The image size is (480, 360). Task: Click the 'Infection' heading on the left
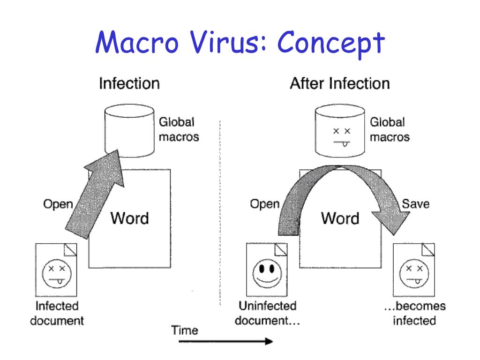pos(129,84)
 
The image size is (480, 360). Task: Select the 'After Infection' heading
pos(340,84)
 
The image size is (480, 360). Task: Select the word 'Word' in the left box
pos(129,218)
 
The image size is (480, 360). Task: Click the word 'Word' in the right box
pos(340,218)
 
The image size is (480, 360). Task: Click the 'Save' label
pos(416,204)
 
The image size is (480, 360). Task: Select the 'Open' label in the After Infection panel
pos(264,204)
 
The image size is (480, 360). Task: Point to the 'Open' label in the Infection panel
pos(58,204)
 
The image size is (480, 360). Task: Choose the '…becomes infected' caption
pos(414,314)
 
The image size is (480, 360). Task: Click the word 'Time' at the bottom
pos(185,330)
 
